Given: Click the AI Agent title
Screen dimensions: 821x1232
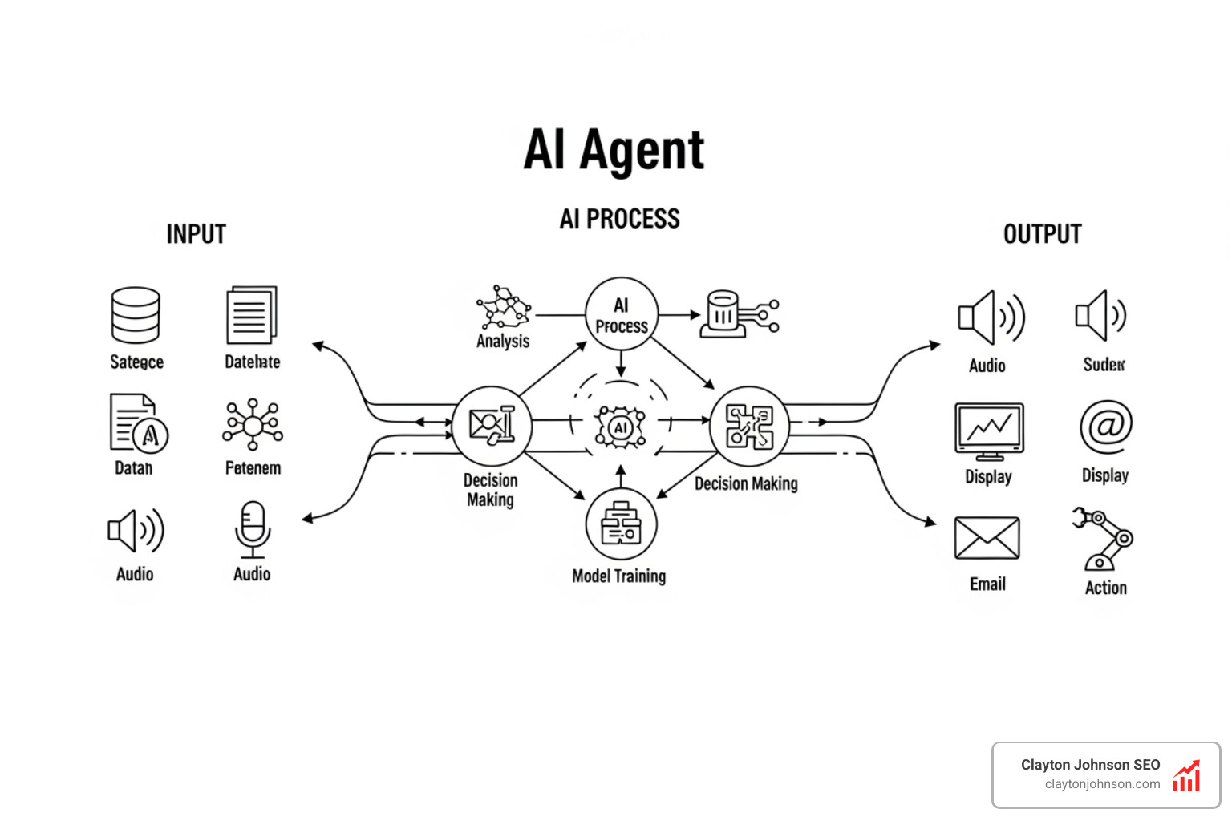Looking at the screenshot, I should point(614,150).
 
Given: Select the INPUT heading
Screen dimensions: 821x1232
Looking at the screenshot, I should point(196,234).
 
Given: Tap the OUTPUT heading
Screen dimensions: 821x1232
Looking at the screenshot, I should point(1042,234).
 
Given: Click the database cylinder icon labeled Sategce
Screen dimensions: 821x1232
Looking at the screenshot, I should point(136,315).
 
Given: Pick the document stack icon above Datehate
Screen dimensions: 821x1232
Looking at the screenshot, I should point(251,315).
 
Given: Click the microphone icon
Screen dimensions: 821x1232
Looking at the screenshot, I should point(252,529).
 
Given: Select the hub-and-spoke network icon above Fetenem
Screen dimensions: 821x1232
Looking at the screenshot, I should point(253,424).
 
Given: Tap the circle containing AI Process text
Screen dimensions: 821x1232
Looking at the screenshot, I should point(621,315).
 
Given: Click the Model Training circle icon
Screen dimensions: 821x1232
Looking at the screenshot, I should point(621,525).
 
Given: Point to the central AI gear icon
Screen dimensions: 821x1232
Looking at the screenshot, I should point(619,427).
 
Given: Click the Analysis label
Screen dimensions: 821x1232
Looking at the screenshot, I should point(503,342).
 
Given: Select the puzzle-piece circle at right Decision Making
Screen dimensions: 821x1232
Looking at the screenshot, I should point(748,426).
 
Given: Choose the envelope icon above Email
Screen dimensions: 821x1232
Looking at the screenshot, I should point(987,538).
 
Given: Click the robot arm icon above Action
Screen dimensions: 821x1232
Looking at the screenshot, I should point(1104,539).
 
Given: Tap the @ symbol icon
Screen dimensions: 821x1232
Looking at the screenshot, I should point(1105,427).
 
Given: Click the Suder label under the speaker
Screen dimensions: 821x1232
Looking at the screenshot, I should point(1104,365).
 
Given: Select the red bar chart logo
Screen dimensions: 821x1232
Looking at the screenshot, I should point(1186,776).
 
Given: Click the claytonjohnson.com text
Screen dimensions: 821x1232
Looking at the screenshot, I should point(1102,784).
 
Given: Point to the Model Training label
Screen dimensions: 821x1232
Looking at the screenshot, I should point(618,576).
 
